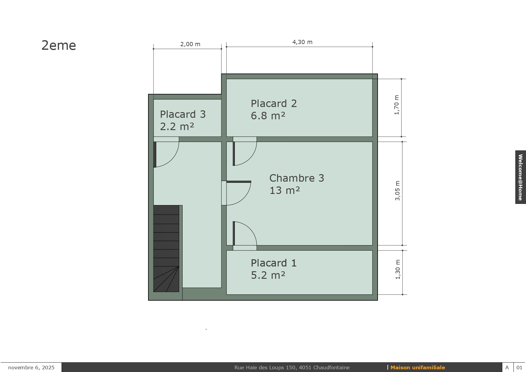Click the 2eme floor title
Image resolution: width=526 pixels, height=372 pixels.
click(59, 46)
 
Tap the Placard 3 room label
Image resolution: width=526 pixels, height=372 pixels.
click(183, 114)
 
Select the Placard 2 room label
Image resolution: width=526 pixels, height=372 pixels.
click(274, 103)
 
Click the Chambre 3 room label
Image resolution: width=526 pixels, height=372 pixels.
click(297, 178)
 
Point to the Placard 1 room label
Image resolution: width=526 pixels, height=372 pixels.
click(274, 263)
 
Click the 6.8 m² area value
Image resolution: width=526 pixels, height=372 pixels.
click(268, 116)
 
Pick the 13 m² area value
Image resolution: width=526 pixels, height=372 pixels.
click(285, 190)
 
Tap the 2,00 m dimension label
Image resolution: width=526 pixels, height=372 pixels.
click(190, 44)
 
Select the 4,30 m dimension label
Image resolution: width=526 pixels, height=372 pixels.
click(302, 42)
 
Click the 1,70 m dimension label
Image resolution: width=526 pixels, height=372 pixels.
click(397, 105)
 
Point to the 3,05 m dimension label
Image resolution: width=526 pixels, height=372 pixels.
click(398, 191)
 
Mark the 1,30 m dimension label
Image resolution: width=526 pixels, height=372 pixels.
click(398, 269)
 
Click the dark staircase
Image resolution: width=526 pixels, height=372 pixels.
click(166, 248)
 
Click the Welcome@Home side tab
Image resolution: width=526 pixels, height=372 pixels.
click(521, 177)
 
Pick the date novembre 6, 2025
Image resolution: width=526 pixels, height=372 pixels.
click(31, 368)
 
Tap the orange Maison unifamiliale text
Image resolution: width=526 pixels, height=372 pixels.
click(418, 368)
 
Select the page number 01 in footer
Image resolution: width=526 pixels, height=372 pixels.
click(519, 368)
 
